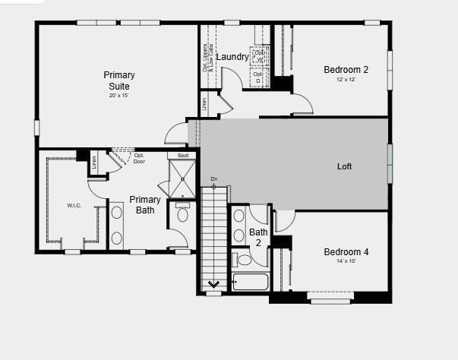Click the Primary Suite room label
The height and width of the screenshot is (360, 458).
[x=119, y=80]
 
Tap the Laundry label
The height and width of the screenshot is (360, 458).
[x=232, y=57]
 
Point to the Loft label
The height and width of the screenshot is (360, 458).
[x=344, y=166]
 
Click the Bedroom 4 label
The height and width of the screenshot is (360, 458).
[x=346, y=252]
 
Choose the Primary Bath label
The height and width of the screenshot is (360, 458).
[x=144, y=204]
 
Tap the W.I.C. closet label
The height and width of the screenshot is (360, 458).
[x=74, y=205]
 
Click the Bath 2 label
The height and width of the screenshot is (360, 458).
[x=259, y=237]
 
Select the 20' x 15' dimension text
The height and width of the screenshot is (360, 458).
[x=119, y=95]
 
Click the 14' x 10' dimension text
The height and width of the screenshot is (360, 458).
[x=345, y=261]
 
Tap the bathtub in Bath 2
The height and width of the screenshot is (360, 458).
[x=250, y=283]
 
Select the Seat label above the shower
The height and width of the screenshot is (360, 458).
[x=183, y=156]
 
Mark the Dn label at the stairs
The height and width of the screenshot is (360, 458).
[x=214, y=179]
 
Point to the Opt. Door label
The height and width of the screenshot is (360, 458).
[x=139, y=158]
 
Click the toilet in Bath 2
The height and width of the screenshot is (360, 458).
[x=245, y=260]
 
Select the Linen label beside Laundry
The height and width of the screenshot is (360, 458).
[x=204, y=103]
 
